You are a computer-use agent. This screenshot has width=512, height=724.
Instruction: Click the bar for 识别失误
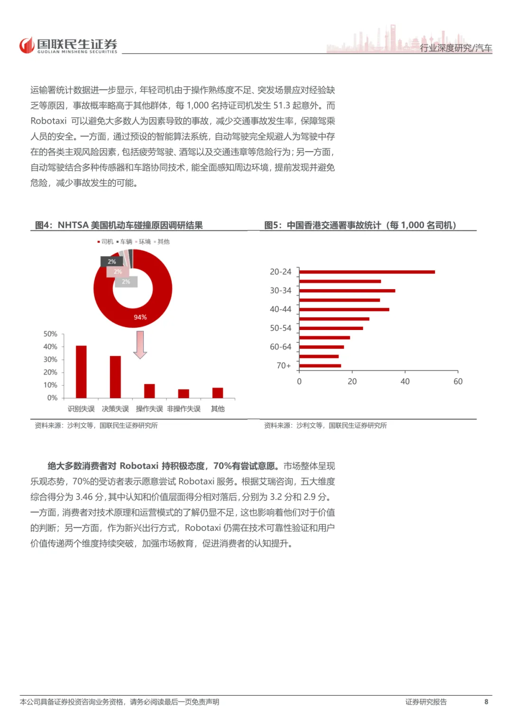81,372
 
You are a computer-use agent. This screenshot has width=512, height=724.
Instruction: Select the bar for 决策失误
115,377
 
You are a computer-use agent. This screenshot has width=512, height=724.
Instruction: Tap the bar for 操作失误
149,391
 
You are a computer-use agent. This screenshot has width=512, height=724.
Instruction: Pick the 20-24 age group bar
366,272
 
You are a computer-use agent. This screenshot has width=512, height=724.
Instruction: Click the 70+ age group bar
320,366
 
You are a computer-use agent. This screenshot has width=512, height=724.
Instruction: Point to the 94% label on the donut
140,317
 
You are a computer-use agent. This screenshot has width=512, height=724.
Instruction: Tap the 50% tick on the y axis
50,334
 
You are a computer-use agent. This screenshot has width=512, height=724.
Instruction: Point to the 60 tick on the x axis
458,381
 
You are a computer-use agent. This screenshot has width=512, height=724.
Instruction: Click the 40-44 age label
281,309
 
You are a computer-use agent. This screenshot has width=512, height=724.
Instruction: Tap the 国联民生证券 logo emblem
27,46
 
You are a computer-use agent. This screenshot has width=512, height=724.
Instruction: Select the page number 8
486,702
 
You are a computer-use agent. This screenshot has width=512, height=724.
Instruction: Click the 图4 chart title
119,225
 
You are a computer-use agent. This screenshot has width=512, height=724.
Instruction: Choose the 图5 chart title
360,225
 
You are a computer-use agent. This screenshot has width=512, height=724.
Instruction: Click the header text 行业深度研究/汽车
456,48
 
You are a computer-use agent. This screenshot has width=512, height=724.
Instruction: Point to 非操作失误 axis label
183,409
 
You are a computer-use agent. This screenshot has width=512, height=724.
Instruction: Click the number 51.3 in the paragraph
282,105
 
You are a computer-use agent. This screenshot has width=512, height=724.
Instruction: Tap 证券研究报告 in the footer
426,702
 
